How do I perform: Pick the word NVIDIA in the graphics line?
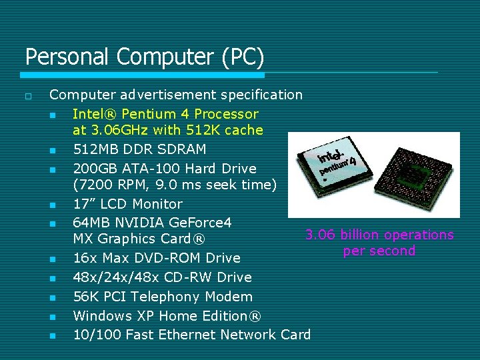(143, 222)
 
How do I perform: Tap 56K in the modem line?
(85, 297)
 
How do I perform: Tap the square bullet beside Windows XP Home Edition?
(52, 317)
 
